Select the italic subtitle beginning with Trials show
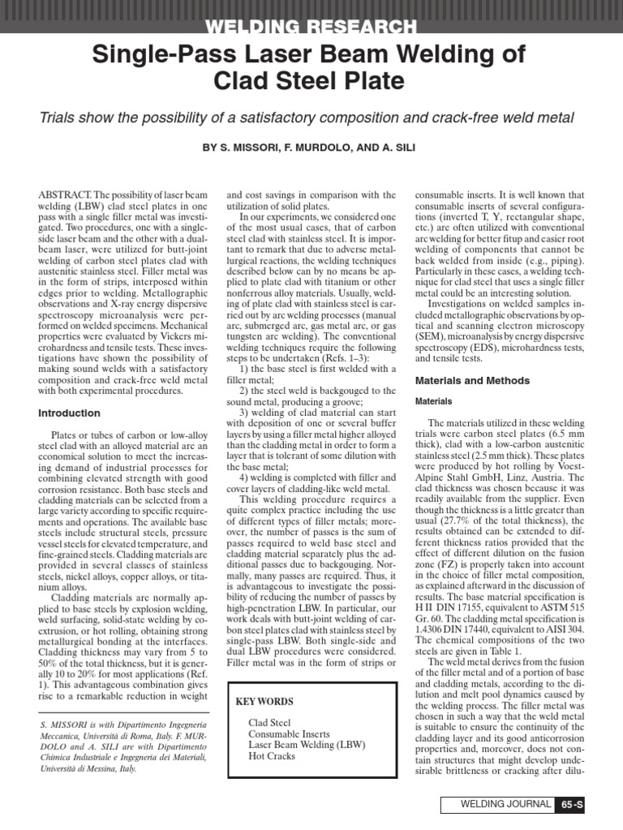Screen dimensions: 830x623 pos(311,118)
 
